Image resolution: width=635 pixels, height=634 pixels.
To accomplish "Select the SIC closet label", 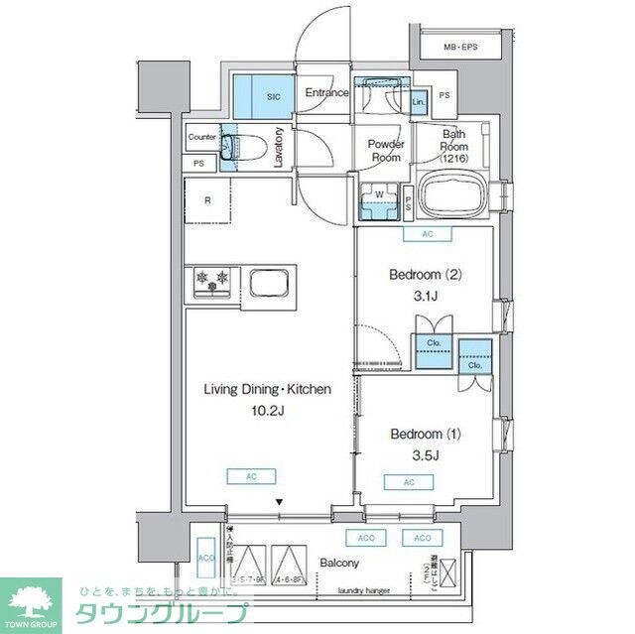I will point(274,96).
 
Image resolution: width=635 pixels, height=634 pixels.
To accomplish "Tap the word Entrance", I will point(326,93).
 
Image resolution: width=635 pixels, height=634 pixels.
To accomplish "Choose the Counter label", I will point(201,137).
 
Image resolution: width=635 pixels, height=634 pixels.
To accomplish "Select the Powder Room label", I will point(385,151).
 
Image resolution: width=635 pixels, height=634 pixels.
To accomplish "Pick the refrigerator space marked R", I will point(207,201).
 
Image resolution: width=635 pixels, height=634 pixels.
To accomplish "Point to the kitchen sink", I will point(270,282).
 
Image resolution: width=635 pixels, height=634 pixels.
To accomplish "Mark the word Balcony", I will point(338,564).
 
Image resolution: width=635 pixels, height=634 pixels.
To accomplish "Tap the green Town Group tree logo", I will point(30,599).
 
